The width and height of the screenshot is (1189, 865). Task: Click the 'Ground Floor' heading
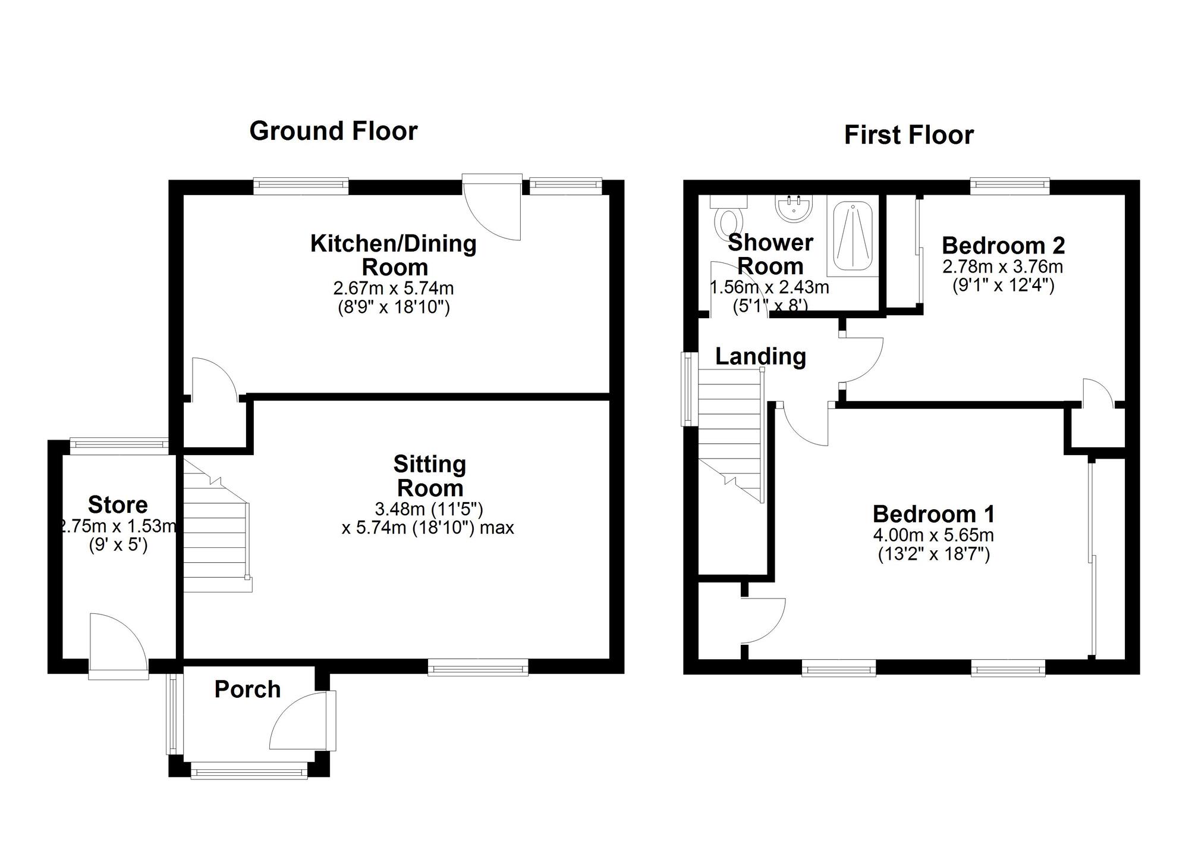[x=334, y=131]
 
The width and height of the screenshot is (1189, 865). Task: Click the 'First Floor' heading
[x=909, y=135]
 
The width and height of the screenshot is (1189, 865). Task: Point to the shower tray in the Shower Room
[x=853, y=237]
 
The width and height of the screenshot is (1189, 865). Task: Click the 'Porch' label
[x=247, y=690]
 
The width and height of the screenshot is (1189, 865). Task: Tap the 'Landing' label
[x=760, y=356]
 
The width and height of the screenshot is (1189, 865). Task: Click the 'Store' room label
[x=118, y=504]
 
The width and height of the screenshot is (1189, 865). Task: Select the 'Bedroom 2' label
[x=1003, y=245]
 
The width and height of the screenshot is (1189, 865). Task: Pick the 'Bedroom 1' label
[x=933, y=514]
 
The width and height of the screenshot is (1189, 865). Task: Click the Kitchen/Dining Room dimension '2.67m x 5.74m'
[x=394, y=289]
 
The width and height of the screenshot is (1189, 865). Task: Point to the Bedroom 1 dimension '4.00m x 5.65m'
[x=933, y=535]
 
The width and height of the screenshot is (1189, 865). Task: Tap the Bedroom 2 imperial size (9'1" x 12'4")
[x=1004, y=285]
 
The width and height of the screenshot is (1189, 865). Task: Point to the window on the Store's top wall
[x=119, y=443]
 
